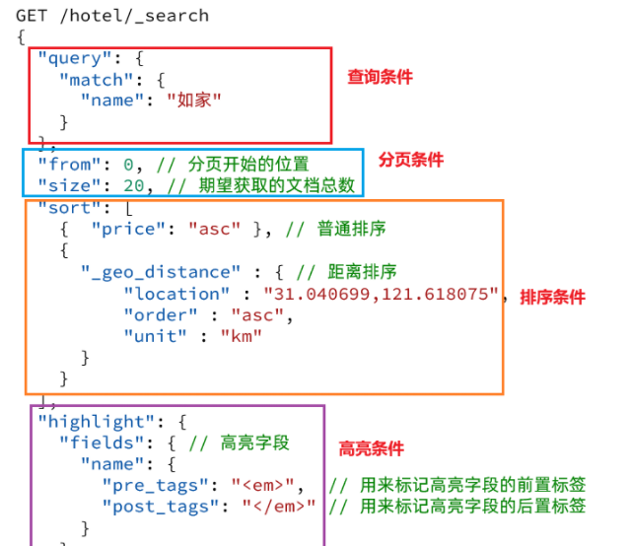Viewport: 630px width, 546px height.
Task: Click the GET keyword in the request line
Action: click(x=33, y=16)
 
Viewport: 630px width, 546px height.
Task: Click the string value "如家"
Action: click(x=193, y=101)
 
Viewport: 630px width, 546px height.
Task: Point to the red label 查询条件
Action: click(x=380, y=77)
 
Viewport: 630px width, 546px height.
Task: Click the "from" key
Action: click(x=64, y=164)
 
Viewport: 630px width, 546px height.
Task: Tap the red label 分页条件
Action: click(x=411, y=160)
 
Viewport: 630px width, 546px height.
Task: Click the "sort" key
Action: click(x=64, y=207)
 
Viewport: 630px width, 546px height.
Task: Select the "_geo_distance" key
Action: click(x=161, y=272)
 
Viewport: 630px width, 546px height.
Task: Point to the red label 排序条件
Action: click(x=552, y=297)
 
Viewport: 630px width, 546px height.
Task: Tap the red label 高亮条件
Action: click(x=372, y=448)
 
